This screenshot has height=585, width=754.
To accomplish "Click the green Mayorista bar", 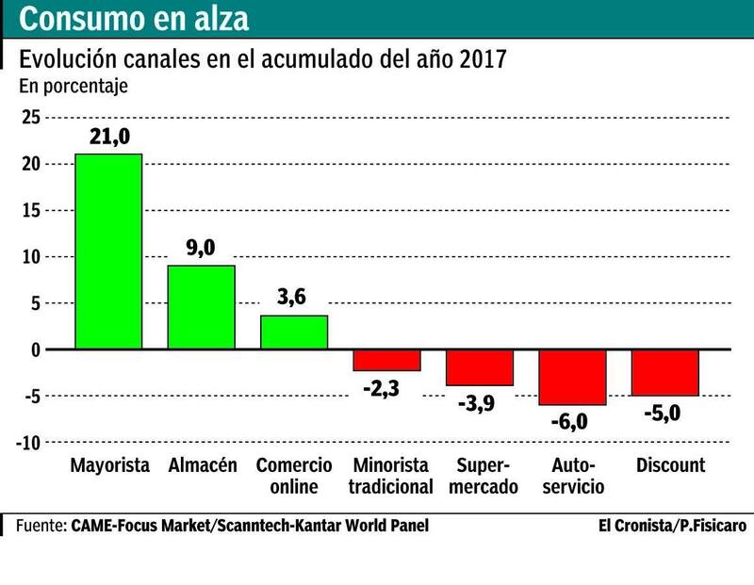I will (108, 252).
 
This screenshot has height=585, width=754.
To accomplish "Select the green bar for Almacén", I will (201, 307).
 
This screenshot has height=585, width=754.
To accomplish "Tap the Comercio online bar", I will (293, 333).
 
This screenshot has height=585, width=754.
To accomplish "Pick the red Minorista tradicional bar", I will (386, 360).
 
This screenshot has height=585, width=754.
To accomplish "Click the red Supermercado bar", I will (480, 367).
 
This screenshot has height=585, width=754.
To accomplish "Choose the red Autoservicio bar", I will (572, 377).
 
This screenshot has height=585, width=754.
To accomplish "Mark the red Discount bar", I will (665, 372).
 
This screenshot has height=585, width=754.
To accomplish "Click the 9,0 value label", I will (202, 250).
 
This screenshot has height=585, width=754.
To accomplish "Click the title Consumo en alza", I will (136, 19).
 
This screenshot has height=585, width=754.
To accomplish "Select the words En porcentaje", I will (74, 86).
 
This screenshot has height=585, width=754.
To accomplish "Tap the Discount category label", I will (671, 465).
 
